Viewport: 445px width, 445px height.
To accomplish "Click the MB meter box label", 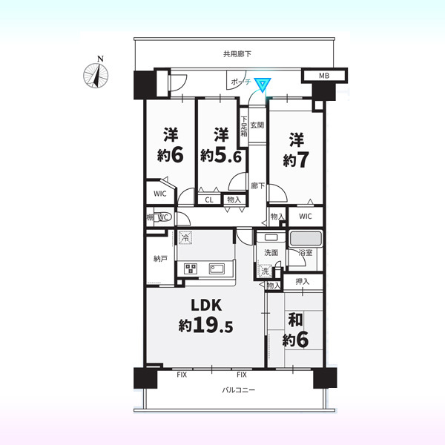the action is (x=324, y=76).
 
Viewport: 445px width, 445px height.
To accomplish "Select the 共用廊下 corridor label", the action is (x=237, y=54).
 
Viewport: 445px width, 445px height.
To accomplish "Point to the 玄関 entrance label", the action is (x=257, y=125).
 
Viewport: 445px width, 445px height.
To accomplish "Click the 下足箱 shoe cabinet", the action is (x=244, y=127).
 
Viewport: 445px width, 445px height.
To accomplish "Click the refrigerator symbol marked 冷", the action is (x=185, y=237).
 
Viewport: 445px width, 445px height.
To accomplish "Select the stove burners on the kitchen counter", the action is (x=191, y=268).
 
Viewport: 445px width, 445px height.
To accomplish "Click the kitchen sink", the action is (x=217, y=268).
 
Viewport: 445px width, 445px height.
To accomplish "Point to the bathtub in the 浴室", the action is (x=306, y=239).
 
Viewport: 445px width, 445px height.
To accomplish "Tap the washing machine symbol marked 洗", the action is (x=265, y=271).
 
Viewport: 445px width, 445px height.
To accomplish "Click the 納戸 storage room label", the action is (x=160, y=259).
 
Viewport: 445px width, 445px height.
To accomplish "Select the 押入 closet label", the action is (x=303, y=282).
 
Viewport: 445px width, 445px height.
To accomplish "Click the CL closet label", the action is (x=209, y=200).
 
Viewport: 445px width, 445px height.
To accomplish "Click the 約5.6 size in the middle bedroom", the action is (x=221, y=156).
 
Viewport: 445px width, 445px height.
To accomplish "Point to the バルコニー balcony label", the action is (x=238, y=390).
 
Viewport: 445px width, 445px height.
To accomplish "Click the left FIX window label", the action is (x=182, y=375).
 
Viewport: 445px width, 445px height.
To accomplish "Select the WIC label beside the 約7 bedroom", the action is (x=306, y=217).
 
